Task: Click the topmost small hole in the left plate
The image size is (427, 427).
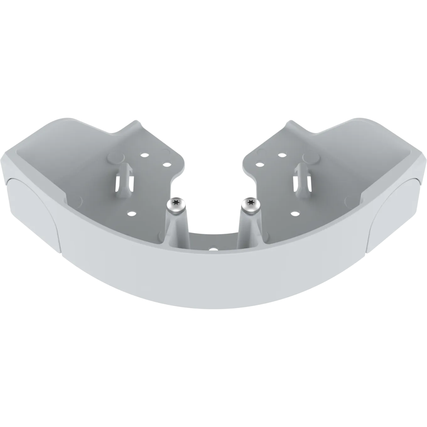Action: pos(144,155)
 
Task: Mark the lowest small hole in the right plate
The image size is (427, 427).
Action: pos(295,213)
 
